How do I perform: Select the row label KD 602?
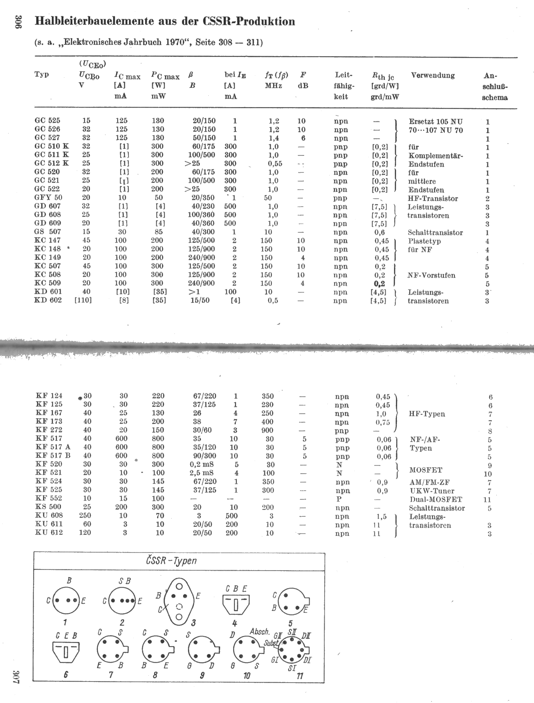tap(48, 300)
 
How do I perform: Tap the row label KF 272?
tap(49, 430)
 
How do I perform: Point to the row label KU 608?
tap(49, 515)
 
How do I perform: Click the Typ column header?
tap(42, 74)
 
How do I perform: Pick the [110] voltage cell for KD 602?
tap(83, 300)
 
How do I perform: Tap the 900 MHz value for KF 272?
tap(267, 430)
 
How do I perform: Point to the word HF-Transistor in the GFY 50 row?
tap(433, 199)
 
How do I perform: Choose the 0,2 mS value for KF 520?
tap(202, 464)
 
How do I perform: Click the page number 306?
tap(18, 22)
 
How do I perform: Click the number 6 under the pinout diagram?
tap(66, 674)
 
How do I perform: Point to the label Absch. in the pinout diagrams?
tap(259, 632)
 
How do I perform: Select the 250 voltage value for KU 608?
tap(85, 515)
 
